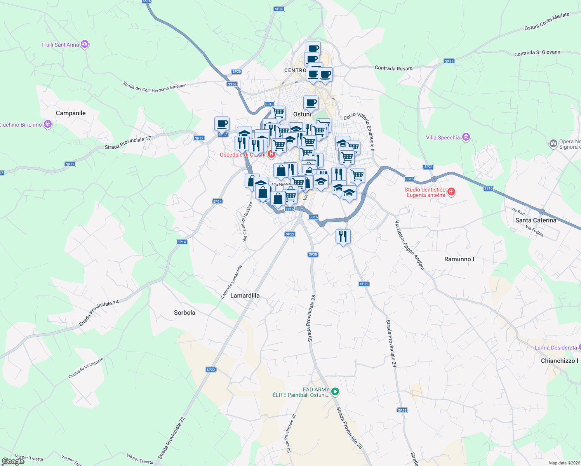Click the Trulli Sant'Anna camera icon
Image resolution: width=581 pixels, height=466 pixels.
[x=85, y=44]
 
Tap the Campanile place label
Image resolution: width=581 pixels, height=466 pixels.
[x=71, y=113]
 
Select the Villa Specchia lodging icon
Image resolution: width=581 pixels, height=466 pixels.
[x=466, y=137]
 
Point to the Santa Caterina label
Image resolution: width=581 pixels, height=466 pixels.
[x=536, y=220]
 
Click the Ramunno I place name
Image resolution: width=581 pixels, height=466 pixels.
[x=459, y=259]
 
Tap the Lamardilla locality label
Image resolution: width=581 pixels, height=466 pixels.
[x=245, y=296]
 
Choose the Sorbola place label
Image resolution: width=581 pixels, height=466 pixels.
[x=184, y=313]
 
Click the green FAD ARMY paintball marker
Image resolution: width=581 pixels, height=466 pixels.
[x=336, y=392]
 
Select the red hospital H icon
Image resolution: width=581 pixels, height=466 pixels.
[x=271, y=154]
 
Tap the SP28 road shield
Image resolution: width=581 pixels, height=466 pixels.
[x=313, y=254]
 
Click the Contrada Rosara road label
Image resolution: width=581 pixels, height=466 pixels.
[x=393, y=68]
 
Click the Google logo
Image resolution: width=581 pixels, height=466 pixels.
[x=13, y=461]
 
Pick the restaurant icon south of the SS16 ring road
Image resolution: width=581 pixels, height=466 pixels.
[x=343, y=236]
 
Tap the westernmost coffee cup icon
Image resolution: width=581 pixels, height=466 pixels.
[x=222, y=123]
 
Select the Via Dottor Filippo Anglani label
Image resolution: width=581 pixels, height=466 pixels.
[x=409, y=245]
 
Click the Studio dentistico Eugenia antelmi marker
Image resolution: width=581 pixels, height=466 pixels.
[x=451, y=191]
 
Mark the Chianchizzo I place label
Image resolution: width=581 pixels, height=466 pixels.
[x=559, y=361]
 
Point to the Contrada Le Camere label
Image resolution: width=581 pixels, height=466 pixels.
[x=86, y=368]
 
